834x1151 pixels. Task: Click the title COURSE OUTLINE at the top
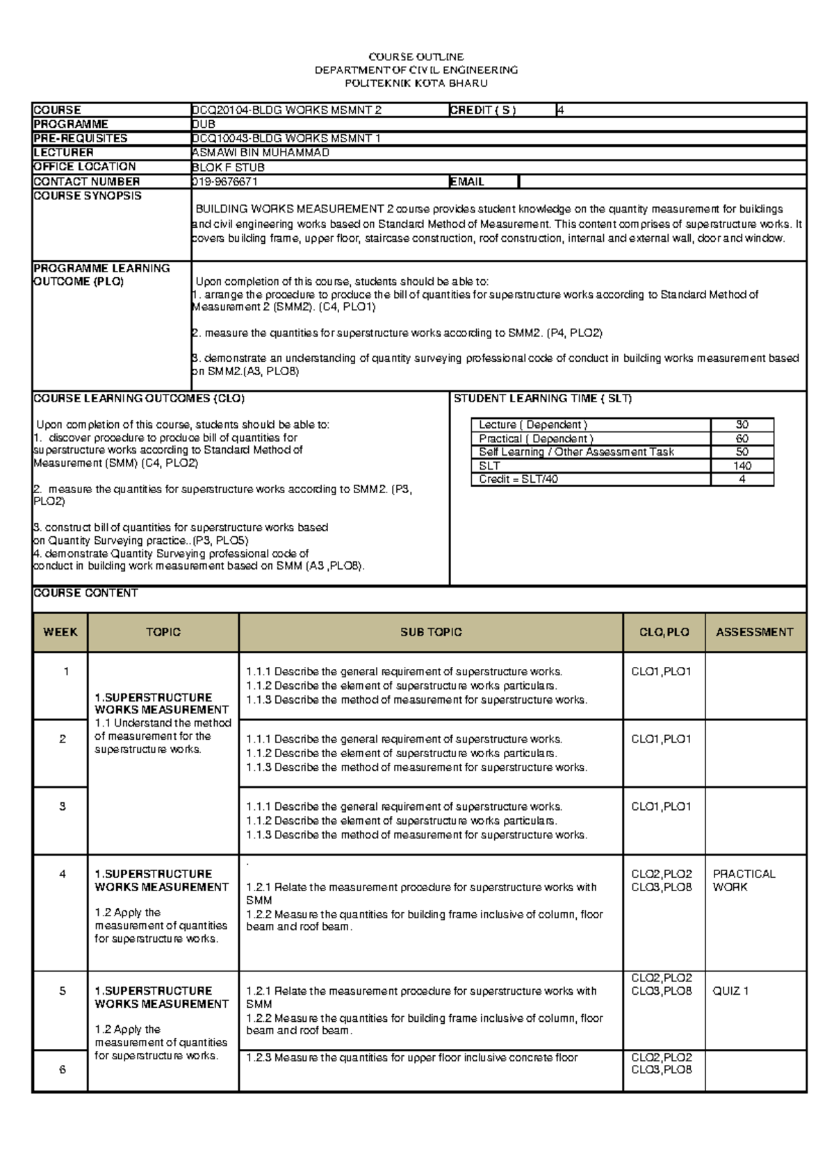pyautogui.click(x=416, y=57)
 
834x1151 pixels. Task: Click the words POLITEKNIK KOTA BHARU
pyautogui.click(x=416, y=83)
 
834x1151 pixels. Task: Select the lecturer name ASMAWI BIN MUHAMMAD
pyautogui.click(x=261, y=152)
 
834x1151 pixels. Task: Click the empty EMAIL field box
pyautogui.click(x=662, y=181)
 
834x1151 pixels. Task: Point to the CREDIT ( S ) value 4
pyautogui.click(x=560, y=110)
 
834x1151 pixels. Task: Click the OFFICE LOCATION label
pyautogui.click(x=84, y=167)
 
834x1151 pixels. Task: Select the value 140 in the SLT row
pyautogui.click(x=742, y=466)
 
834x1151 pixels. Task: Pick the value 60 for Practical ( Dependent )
pyautogui.click(x=742, y=439)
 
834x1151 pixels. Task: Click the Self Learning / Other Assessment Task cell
pyautogui.click(x=576, y=452)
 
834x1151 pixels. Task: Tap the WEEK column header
pyautogui.click(x=60, y=632)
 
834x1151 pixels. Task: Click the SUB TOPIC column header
pyautogui.click(x=431, y=632)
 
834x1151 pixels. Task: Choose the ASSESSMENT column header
pyautogui.click(x=754, y=632)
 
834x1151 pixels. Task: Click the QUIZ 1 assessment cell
pyautogui.click(x=730, y=991)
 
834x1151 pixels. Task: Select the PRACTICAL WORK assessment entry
pyautogui.click(x=744, y=880)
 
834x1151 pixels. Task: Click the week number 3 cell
pyautogui.click(x=63, y=806)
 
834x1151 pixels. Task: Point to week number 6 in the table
pyautogui.click(x=63, y=1070)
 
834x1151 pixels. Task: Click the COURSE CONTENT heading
pyautogui.click(x=85, y=593)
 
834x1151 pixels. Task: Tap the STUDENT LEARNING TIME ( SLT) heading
pyautogui.click(x=542, y=399)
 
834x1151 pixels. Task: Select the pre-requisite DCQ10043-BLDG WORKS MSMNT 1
pyautogui.click(x=286, y=138)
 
